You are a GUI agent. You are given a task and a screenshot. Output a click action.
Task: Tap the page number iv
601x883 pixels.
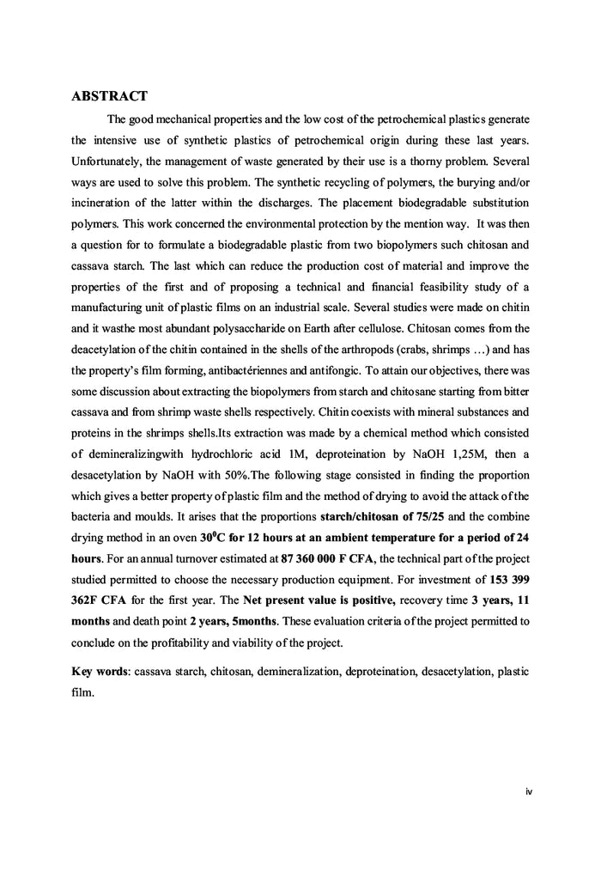(528, 791)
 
